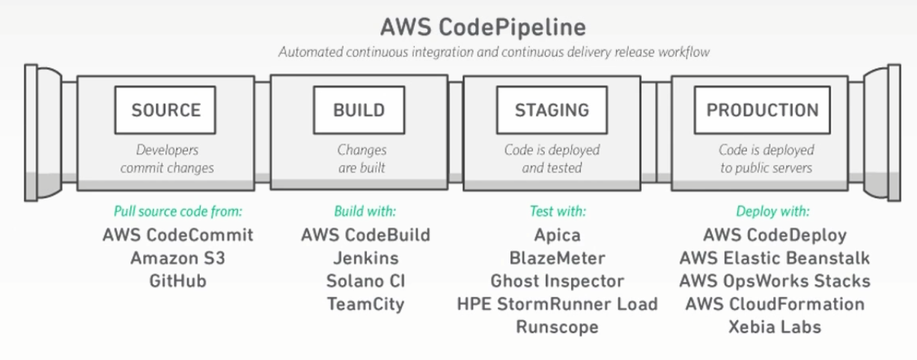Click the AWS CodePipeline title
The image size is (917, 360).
point(483,26)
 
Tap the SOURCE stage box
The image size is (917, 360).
point(165,110)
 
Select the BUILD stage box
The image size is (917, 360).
point(359,110)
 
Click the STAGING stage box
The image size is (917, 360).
point(552,110)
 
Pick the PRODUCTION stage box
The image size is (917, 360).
point(762,110)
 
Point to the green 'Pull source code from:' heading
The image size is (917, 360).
point(178,211)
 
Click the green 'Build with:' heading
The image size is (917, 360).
point(365,211)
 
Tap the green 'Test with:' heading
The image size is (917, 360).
point(558,211)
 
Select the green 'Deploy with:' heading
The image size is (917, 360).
point(773,211)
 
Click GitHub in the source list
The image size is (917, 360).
point(177,281)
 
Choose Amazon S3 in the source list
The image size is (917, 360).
point(177,258)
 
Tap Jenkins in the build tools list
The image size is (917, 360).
point(365,258)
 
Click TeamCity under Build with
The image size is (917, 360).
point(365,304)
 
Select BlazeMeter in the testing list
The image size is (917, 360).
point(557,258)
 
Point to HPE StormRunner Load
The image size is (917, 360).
point(557,304)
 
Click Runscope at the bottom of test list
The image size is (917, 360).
point(557,327)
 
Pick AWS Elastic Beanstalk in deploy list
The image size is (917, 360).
point(775,258)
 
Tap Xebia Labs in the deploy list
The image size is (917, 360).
point(775,327)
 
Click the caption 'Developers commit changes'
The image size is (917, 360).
point(166,159)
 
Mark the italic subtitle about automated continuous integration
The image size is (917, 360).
point(494,52)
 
